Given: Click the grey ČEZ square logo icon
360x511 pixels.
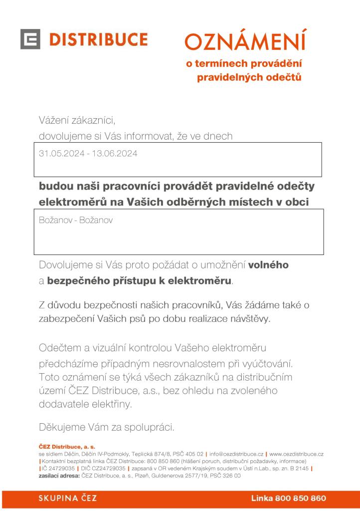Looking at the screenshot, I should click(30, 39).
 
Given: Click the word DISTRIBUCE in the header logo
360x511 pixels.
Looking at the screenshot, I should click(97, 39).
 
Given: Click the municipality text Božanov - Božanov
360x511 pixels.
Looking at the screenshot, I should click(75, 220).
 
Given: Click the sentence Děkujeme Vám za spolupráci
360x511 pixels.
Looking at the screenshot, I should click(106, 427).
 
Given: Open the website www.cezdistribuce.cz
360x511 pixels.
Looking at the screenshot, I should click(296, 455).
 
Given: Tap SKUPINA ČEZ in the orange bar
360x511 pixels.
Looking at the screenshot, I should click(68, 498).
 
